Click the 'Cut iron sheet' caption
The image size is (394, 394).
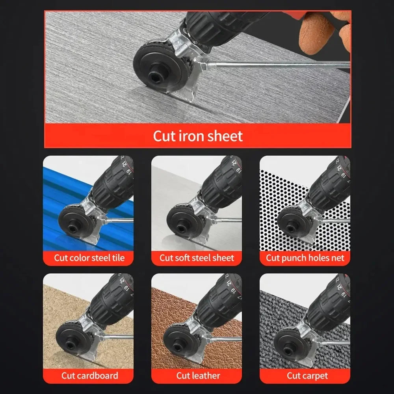coord(197,136)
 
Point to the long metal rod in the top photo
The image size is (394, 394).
coord(276,63)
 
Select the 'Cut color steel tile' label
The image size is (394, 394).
coord(89,258)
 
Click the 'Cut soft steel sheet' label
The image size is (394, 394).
coord(197,258)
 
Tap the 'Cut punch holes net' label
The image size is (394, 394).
coord(305,258)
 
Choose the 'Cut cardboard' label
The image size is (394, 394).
coord(89,375)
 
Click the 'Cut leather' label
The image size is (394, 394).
coord(198,375)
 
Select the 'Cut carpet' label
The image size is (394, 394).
coord(307,375)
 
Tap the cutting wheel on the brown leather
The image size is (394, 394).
coord(181,339)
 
